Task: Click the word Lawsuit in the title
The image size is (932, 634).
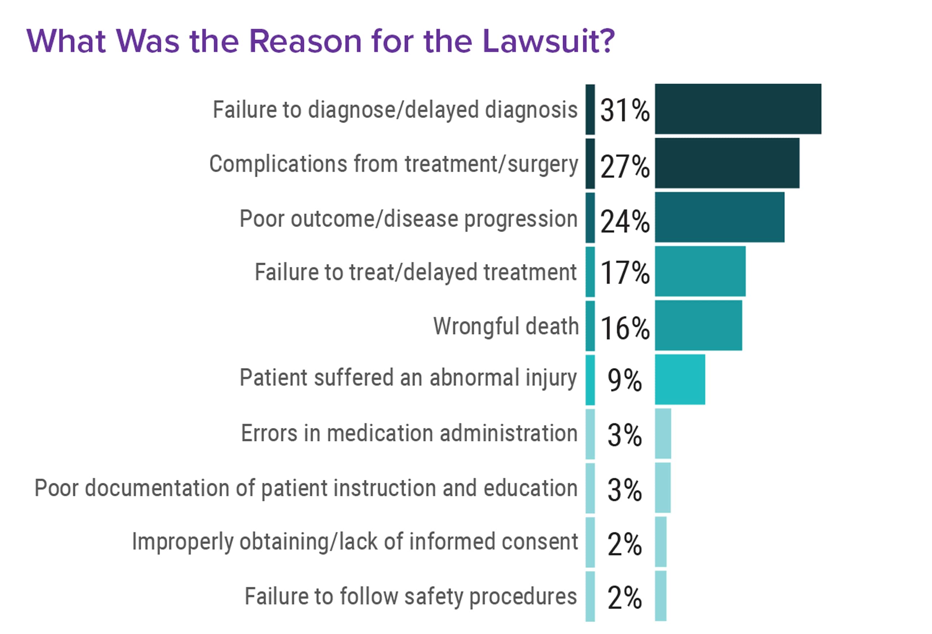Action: [548, 41]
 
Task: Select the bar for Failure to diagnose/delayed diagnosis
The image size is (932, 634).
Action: [738, 109]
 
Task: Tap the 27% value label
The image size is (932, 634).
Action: [625, 166]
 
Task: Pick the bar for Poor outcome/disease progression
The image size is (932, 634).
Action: [720, 217]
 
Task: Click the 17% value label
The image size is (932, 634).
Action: [625, 273]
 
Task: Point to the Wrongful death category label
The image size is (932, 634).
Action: [506, 326]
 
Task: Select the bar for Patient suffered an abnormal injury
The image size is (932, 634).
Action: [680, 379]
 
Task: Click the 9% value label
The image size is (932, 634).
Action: [625, 380]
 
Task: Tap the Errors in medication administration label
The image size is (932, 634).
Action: [409, 433]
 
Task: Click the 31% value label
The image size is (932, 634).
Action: [625, 110]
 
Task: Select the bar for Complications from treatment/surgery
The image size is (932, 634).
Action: [727, 163]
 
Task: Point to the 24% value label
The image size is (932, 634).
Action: [625, 221]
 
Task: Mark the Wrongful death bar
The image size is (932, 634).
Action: [698, 325]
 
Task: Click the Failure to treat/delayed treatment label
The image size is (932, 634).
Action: [415, 272]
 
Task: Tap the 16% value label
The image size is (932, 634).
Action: [625, 328]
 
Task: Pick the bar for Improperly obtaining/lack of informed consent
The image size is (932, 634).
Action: [660, 542]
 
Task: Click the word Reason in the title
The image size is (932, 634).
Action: [305, 41]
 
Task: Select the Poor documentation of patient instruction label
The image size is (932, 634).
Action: [306, 488]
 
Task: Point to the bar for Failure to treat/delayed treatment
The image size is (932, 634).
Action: [700, 271]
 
